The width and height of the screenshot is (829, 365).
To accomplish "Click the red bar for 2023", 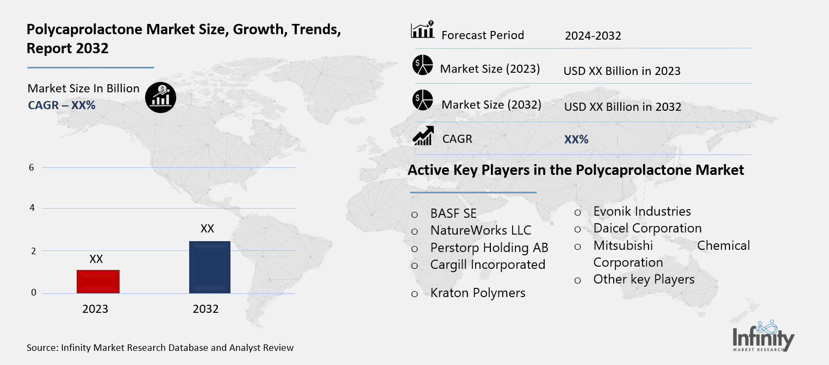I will (x=98, y=281).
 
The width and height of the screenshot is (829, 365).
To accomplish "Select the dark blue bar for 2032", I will (x=209, y=267).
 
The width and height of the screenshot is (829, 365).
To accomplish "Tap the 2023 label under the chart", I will (x=95, y=309).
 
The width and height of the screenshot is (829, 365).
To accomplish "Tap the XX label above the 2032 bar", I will (x=207, y=229).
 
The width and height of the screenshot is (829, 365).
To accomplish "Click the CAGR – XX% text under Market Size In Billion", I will (x=61, y=105).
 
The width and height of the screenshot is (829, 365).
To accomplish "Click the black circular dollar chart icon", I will (x=160, y=98).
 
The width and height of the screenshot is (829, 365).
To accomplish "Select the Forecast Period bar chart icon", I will (x=422, y=30).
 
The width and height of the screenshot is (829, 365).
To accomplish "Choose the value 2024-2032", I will (x=593, y=36).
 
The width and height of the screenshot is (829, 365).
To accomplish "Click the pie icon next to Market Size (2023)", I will (x=422, y=65).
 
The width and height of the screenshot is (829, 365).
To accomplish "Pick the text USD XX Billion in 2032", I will (x=622, y=106).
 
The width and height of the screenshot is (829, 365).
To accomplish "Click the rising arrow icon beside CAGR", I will (x=423, y=136).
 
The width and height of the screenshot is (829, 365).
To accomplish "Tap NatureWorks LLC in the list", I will (x=481, y=230).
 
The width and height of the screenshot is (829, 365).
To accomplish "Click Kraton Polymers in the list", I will (x=477, y=293).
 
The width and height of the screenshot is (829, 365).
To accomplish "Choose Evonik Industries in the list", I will (x=642, y=211).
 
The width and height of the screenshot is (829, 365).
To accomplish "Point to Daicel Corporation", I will (x=647, y=228).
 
